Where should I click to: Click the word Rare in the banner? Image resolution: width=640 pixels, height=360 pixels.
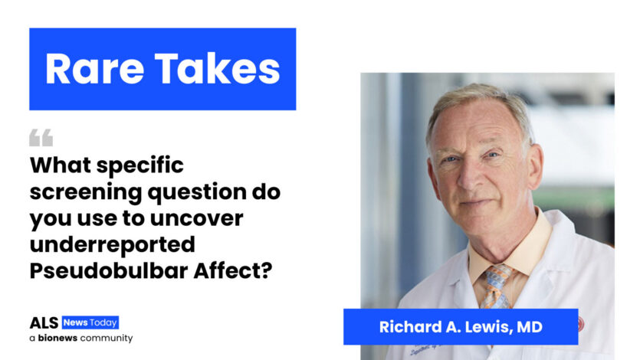94,68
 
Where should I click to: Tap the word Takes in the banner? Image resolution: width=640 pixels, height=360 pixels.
217,68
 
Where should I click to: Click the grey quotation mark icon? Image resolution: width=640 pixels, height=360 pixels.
41,137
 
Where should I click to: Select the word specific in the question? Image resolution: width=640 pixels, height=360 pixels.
140,166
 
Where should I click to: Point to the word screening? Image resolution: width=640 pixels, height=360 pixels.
86,192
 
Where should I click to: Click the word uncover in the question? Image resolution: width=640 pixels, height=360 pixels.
196,218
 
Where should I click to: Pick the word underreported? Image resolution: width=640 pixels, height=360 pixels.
113,245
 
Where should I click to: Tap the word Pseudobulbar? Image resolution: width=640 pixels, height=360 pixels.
109,270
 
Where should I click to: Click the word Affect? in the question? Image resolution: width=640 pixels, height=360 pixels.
233,270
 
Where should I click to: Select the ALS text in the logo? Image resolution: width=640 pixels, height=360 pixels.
44,323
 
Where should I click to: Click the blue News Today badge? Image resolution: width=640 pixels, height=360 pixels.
90,322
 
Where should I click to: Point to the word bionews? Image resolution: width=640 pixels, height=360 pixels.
57,338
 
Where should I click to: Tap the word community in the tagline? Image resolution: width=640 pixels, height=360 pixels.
107,339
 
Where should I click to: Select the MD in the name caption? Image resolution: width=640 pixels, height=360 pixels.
530,326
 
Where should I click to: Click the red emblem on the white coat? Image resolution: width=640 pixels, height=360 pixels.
581,324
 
